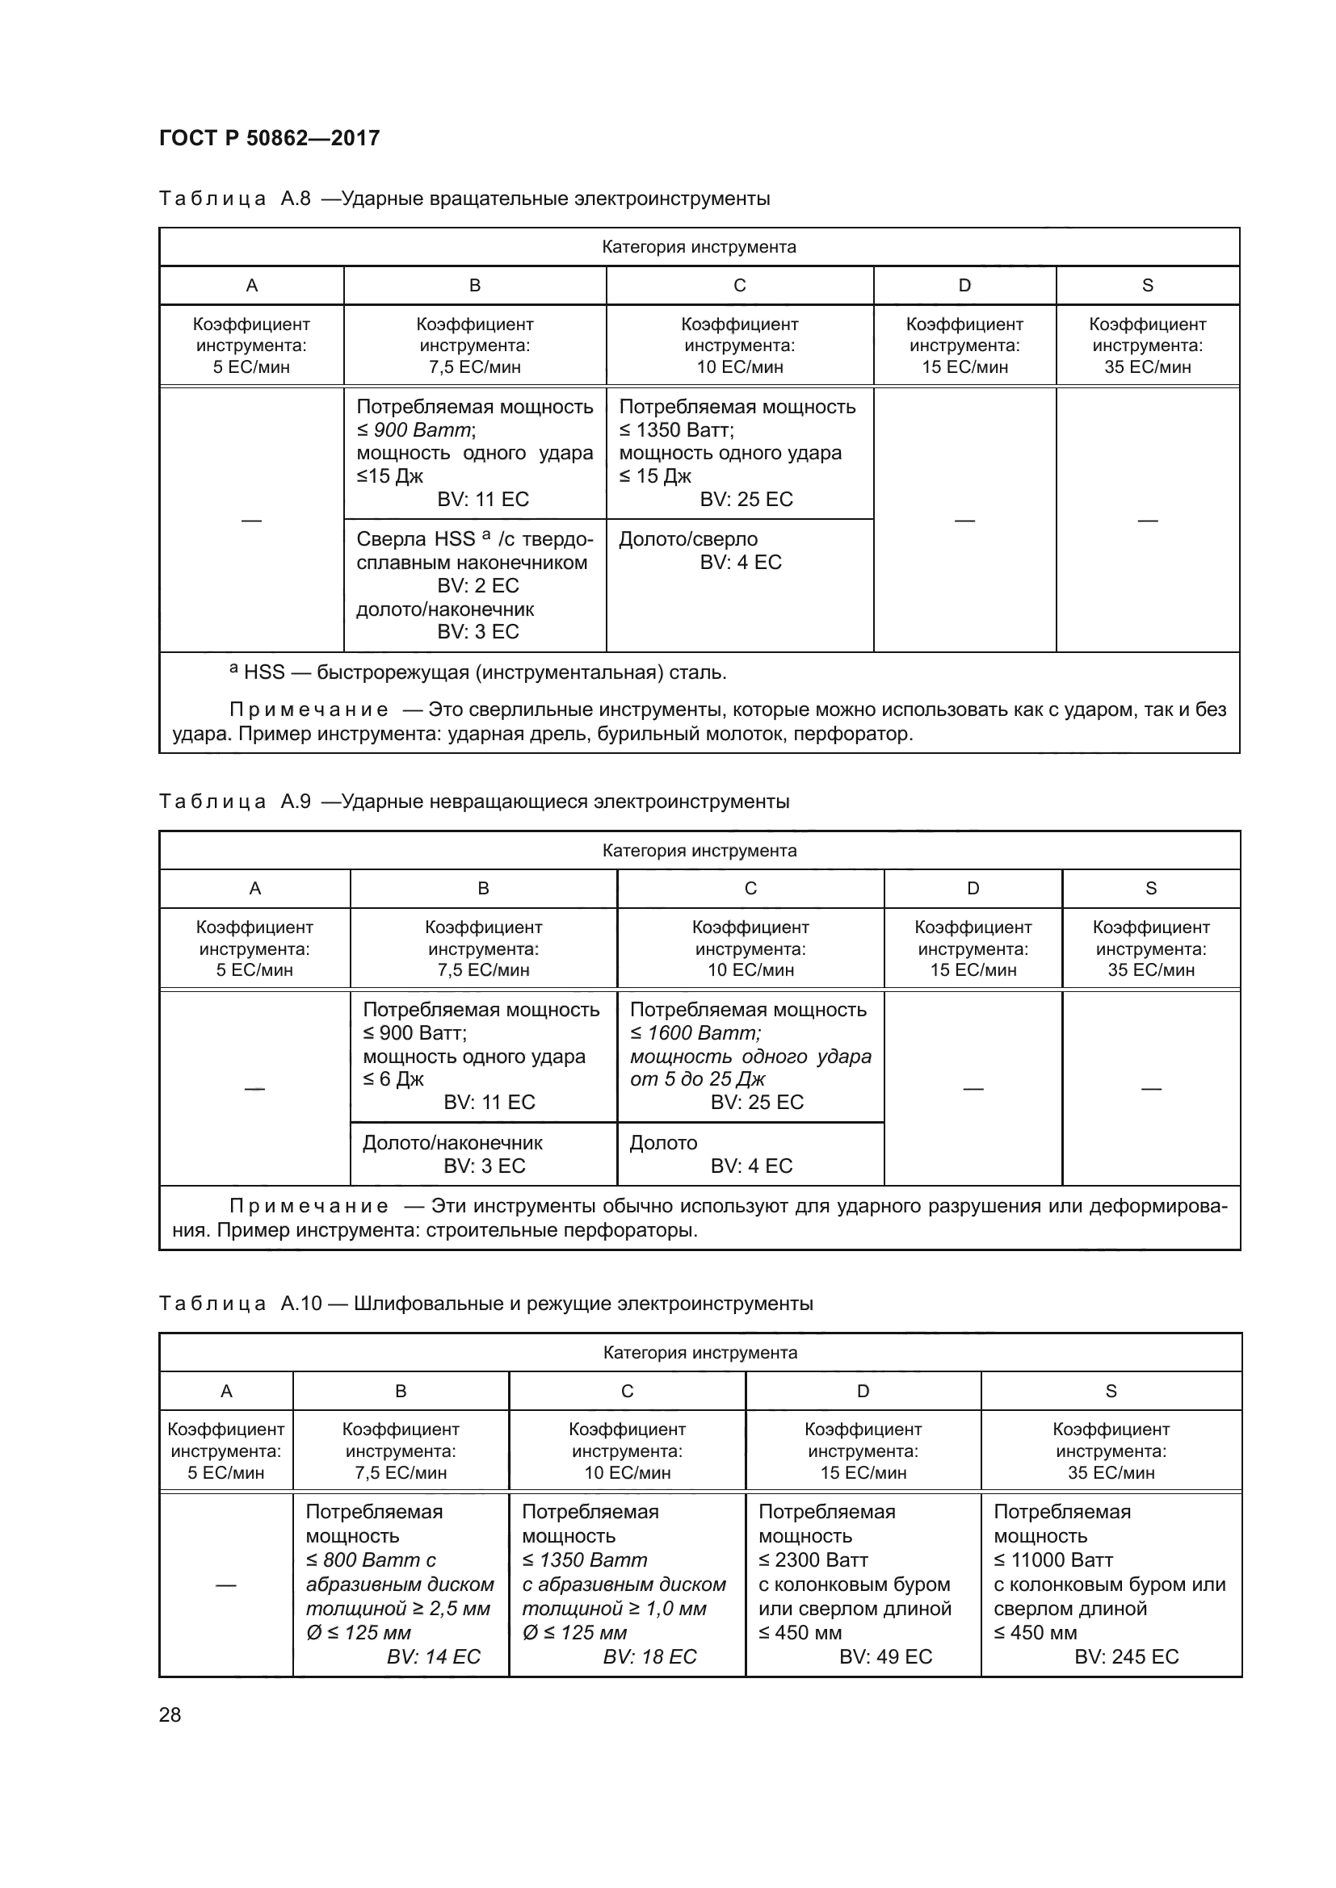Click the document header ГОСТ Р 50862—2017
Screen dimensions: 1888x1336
(269, 138)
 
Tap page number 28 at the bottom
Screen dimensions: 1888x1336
(170, 1714)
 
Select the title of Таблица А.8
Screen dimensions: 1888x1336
(464, 199)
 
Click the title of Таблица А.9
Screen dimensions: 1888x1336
(474, 801)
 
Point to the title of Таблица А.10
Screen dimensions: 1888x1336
(485, 1304)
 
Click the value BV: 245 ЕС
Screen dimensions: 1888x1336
(1126, 1656)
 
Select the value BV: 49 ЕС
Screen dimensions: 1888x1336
(885, 1656)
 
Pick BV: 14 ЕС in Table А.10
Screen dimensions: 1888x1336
(434, 1656)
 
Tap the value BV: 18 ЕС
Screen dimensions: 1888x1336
(649, 1656)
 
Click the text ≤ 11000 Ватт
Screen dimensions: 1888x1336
(1053, 1560)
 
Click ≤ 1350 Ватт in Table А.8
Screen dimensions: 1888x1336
(676, 430)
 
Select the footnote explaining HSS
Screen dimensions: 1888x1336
(477, 672)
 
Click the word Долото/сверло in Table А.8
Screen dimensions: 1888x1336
(687, 539)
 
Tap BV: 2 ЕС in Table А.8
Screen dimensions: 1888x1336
(478, 585)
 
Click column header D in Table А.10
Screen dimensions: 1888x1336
(863, 1391)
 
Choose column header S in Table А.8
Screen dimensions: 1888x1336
(1148, 285)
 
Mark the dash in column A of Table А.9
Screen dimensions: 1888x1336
(254, 1088)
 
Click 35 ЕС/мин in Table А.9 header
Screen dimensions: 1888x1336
(1151, 969)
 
